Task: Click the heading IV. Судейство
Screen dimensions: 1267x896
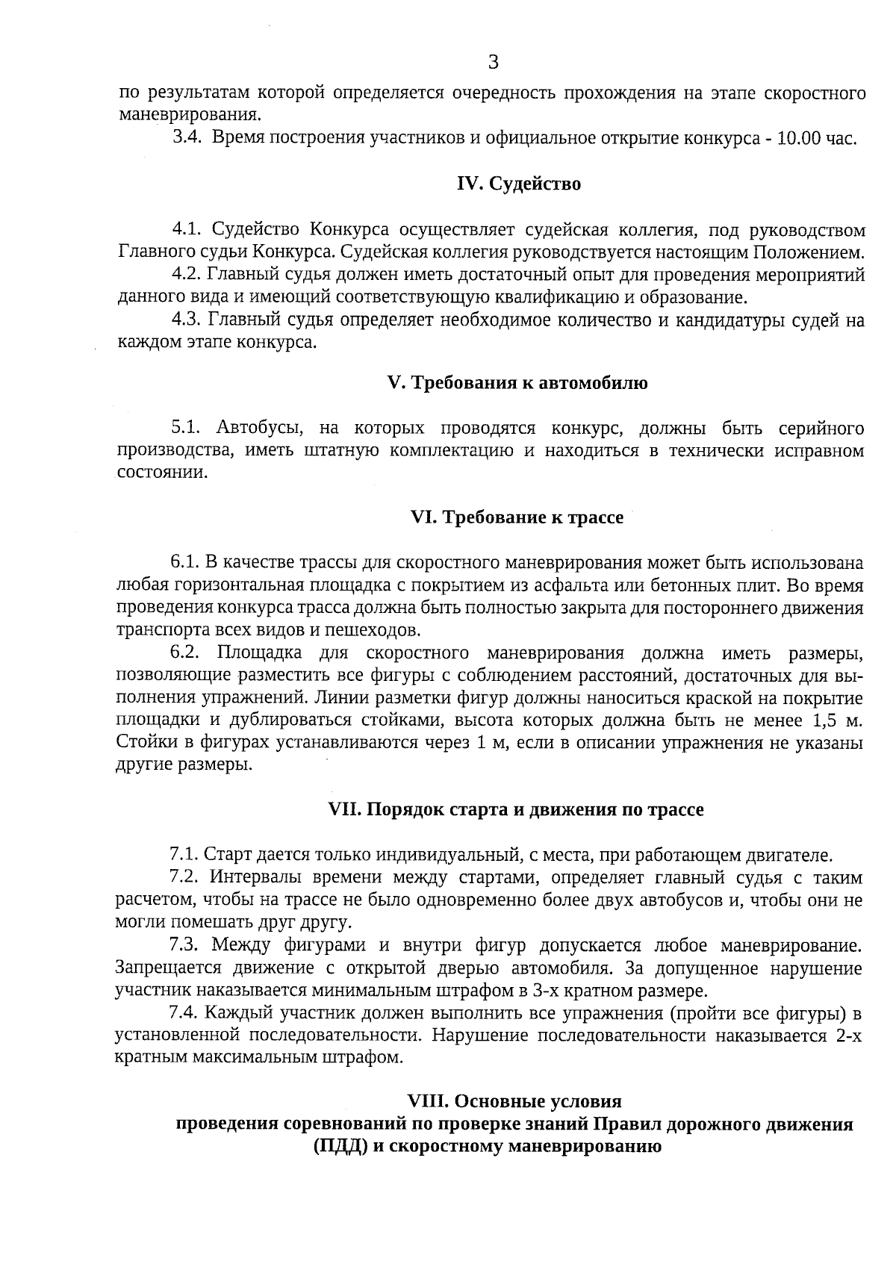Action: coord(518,184)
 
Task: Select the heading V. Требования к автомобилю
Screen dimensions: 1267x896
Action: coord(517,383)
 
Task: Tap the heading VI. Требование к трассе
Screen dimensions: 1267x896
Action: coord(517,517)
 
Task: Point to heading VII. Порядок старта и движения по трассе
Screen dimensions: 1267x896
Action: coord(516,809)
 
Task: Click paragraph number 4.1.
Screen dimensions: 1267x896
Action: coord(188,228)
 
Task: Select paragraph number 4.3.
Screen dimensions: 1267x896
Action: coord(187,320)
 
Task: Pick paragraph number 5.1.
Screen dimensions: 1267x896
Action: coord(187,428)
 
